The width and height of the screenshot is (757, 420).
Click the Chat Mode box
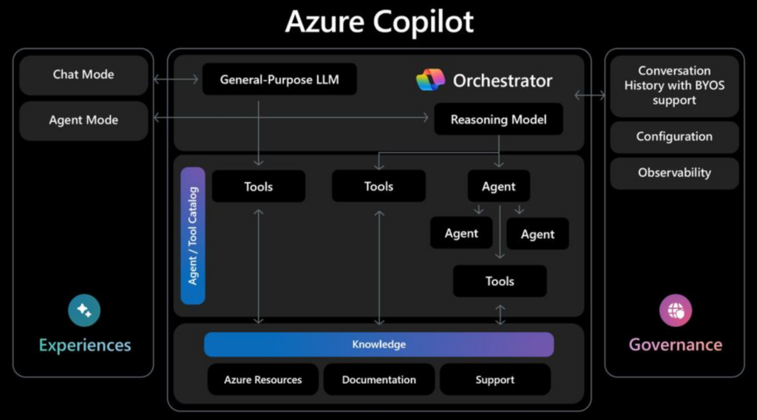pos(84,75)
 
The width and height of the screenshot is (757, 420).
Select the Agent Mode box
pos(84,121)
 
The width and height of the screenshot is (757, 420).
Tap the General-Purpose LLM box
pos(279,79)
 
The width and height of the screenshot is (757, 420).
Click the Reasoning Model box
pos(498,119)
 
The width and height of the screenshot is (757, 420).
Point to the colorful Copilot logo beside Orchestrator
pos(430,80)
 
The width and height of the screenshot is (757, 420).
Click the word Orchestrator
pos(503,81)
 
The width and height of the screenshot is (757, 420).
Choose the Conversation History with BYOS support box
pos(674,86)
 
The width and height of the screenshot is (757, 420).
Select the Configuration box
pos(674,137)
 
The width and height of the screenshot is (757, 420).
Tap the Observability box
pos(674,173)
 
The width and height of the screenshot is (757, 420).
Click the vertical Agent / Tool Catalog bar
pos(193,235)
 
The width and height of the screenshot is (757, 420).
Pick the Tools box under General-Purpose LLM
pos(259,186)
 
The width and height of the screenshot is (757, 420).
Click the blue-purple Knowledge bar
pos(378,345)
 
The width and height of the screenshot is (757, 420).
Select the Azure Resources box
pos(263,379)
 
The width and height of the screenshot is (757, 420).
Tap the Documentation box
pos(378,379)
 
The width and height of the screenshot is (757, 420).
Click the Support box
pos(495,379)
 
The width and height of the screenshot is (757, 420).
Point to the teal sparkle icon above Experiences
pos(84,311)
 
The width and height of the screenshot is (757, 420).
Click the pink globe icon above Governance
pos(675,311)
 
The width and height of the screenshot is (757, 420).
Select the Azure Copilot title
pos(378,22)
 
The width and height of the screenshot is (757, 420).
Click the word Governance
pos(675,345)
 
